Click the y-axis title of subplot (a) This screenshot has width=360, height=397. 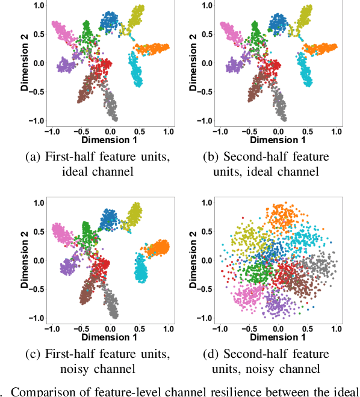[25, 63]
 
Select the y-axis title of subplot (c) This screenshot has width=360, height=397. [25, 260]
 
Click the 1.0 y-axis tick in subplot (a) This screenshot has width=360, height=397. [38, 6]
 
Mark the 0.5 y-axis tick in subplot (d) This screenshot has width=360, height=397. [206, 232]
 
